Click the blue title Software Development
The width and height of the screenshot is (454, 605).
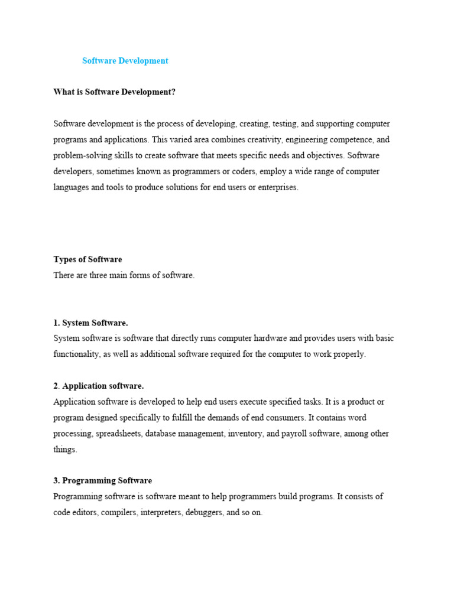125,61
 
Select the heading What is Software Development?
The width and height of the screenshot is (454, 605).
115,92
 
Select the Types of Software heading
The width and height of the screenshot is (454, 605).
87,259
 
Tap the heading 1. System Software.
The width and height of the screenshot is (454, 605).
90,323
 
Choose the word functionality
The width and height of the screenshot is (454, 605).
77,354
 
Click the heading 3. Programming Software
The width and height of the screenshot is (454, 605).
102,481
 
